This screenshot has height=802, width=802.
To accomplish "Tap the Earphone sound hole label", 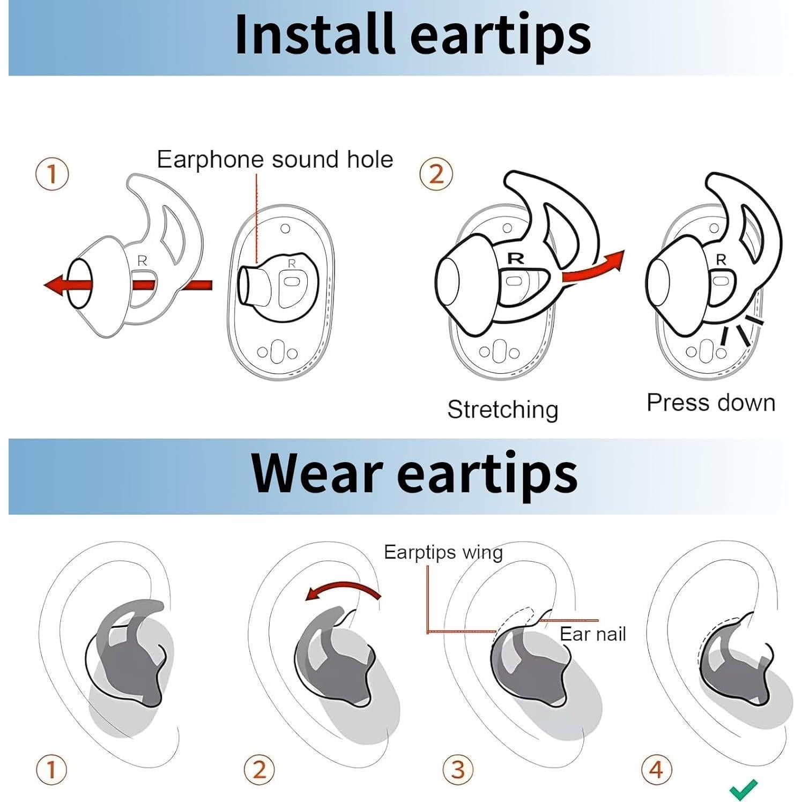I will pos(274,160).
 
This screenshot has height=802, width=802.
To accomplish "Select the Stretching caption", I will pos(502,410).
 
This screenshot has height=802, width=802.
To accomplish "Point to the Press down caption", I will pos(710,403).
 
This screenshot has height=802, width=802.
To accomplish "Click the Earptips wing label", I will pos(443,553).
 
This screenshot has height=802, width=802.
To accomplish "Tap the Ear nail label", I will pos(592,634).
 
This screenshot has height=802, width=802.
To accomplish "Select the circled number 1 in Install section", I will pos(52,174).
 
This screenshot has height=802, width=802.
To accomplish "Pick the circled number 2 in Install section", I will pos(436,174).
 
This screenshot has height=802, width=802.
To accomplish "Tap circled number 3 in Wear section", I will pos(457,770).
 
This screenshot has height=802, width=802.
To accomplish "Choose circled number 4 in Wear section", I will pos(656,770).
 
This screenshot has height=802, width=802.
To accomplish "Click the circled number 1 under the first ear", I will pos(51,770).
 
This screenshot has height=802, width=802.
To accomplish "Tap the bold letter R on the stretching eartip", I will pos(515,258).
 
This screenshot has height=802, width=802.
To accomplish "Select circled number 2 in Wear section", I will pos(259,770).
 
